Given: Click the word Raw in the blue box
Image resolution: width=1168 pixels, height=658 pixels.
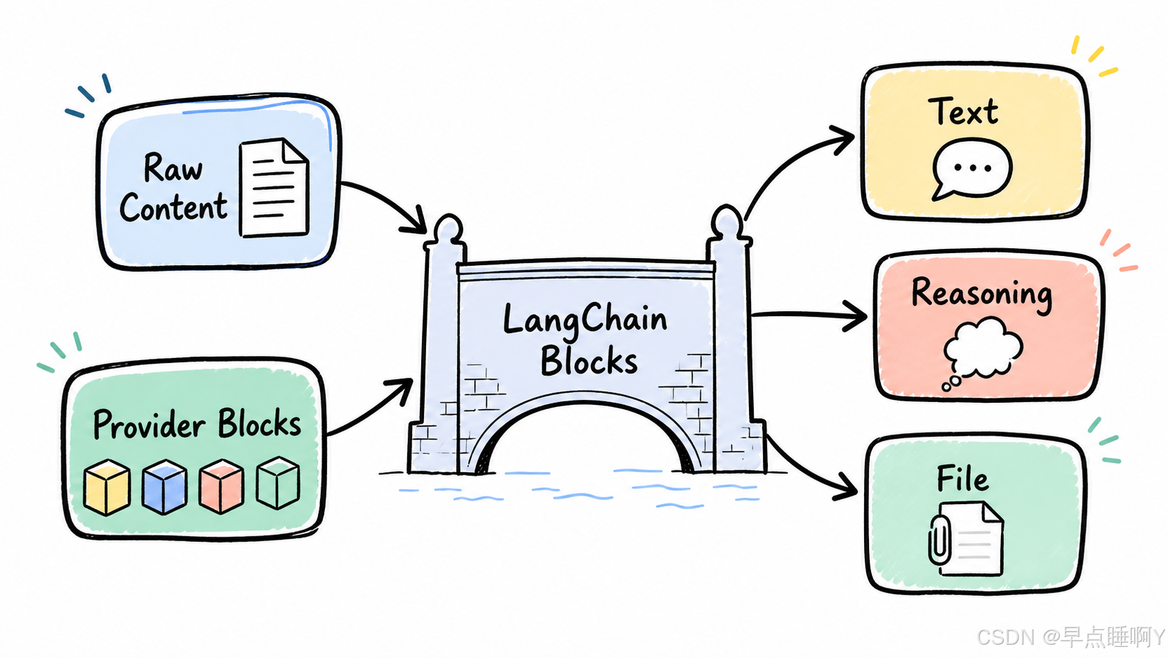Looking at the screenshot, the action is click(173, 168).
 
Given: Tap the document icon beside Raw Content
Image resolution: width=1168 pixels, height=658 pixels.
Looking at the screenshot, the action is click(275, 188).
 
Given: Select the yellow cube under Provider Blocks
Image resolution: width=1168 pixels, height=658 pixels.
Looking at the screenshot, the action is click(107, 487).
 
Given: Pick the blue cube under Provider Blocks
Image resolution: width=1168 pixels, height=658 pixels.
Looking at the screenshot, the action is click(165, 487).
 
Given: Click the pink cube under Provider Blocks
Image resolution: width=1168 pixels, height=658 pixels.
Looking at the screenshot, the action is click(221, 486).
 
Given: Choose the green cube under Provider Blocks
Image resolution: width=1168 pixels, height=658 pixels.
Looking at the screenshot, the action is click(279, 482).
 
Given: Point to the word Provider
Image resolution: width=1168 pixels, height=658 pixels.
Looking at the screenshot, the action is click(149, 424).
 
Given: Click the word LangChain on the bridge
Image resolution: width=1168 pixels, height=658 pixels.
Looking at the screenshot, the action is click(585, 319).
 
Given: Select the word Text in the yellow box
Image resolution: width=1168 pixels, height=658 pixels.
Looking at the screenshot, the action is click(963, 111).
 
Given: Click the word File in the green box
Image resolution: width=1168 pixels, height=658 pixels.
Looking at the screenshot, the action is click(962, 479).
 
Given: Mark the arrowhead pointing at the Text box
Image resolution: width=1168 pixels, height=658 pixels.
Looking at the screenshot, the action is click(841, 138).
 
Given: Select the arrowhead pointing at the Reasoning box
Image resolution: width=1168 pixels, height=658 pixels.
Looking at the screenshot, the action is click(855, 316).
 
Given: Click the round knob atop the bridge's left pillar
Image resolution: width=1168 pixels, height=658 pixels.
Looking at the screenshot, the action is click(448, 228).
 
